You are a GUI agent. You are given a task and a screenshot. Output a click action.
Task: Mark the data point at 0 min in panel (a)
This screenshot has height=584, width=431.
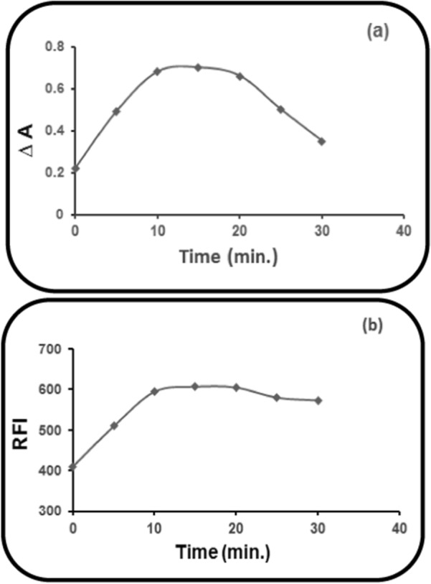[x=75, y=169]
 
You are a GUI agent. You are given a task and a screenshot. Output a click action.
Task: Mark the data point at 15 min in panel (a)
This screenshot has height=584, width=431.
[x=199, y=68]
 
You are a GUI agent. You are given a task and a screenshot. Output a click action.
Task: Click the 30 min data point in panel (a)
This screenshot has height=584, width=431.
[x=322, y=142]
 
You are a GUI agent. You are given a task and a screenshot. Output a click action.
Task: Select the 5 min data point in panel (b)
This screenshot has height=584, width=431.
[x=113, y=425]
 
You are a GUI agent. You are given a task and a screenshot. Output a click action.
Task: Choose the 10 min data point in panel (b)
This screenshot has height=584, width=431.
[x=153, y=391]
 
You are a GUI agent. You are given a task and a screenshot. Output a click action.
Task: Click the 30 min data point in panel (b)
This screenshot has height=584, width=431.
[x=318, y=400]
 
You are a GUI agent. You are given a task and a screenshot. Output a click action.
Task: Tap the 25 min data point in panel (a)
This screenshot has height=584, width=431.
[x=280, y=109]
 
